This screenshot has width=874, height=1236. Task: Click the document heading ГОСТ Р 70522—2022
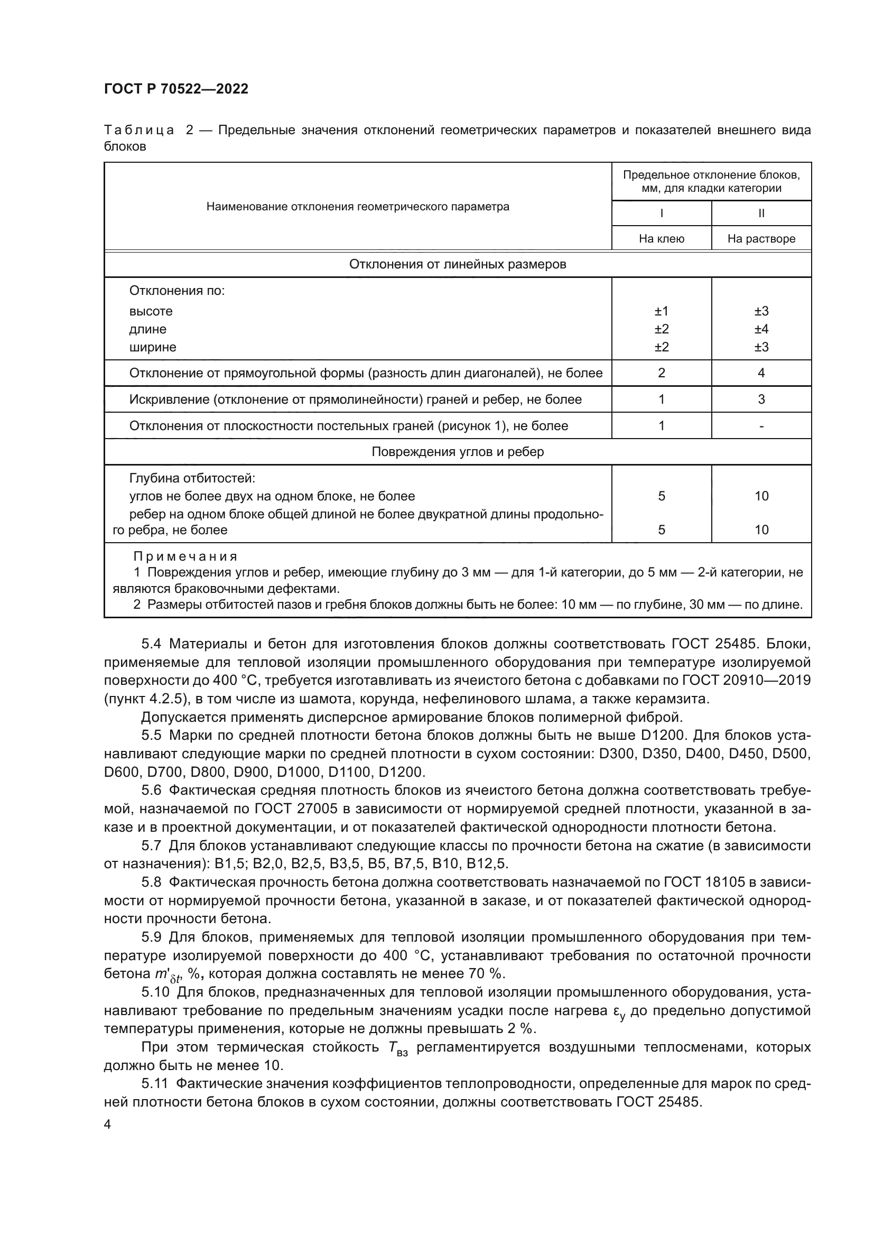click(176, 89)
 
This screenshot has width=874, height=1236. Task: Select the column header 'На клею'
click(662, 238)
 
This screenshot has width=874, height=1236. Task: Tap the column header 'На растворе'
click(761, 238)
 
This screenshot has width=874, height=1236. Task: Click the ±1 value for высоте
click(662, 311)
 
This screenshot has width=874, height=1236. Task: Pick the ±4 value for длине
click(761, 329)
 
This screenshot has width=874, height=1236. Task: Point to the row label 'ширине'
click(153, 347)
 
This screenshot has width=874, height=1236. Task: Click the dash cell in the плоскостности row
click(761, 426)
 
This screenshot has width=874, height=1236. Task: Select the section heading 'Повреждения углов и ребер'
click(458, 452)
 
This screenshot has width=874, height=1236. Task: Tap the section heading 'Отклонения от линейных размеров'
click(458, 264)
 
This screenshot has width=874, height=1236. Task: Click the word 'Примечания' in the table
click(185, 556)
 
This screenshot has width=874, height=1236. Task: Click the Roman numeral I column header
click(662, 213)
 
